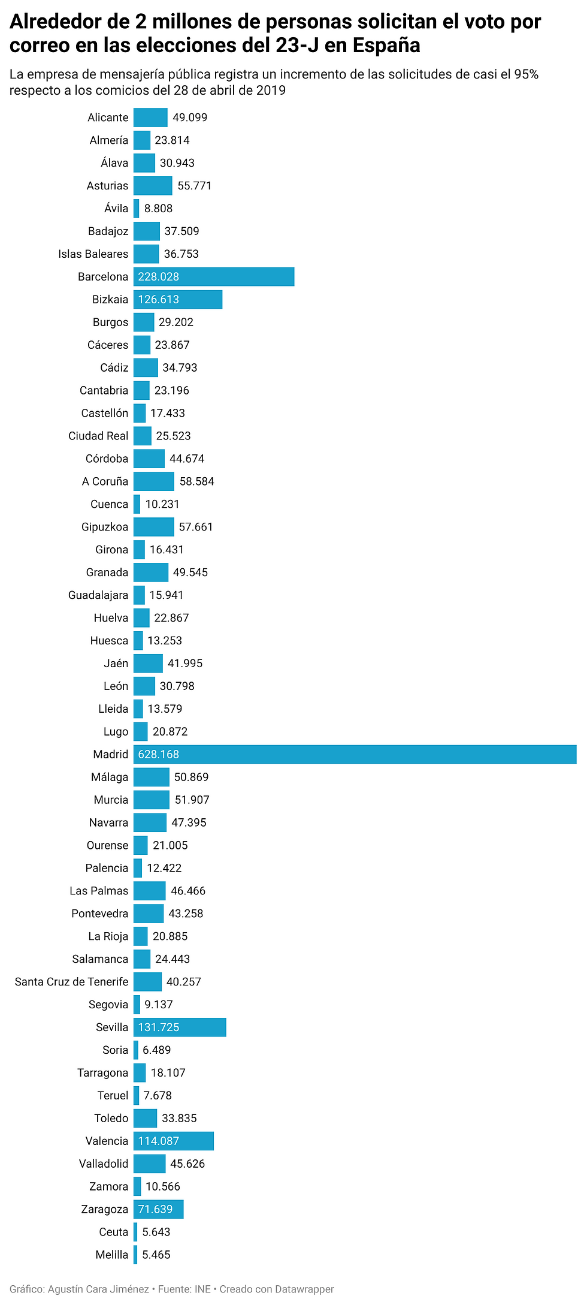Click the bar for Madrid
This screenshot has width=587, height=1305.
(x=355, y=754)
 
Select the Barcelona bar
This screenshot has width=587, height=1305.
(x=214, y=276)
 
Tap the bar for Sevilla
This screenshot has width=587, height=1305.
(x=180, y=1027)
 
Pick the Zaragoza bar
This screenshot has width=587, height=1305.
(x=158, y=1209)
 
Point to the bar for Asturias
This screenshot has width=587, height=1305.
(x=153, y=185)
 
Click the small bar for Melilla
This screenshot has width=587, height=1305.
(x=135, y=1255)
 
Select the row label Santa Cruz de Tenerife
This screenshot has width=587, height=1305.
(x=71, y=981)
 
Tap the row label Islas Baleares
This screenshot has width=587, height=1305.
(x=93, y=254)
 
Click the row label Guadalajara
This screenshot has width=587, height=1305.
(x=98, y=595)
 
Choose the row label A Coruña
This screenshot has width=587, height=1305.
(x=105, y=481)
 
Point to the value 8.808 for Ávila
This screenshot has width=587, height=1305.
(x=158, y=208)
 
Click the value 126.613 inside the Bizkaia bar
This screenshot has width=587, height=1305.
(x=159, y=299)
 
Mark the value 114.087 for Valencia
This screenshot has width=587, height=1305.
(x=159, y=1141)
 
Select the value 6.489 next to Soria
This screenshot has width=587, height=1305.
(x=156, y=1050)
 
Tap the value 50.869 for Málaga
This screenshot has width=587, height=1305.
(x=191, y=777)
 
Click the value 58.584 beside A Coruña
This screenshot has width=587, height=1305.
(x=196, y=481)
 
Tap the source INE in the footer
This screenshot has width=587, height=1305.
(x=202, y=1289)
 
